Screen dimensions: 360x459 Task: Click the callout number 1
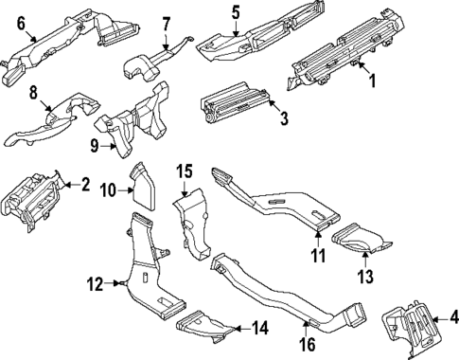pos(371,82)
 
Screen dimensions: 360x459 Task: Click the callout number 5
pos(236,12)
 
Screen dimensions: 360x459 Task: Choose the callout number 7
pos(166,22)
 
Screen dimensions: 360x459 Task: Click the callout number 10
pos(109,190)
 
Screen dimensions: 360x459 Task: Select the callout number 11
pos(319,256)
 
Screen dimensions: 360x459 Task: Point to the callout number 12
pos(95,282)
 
